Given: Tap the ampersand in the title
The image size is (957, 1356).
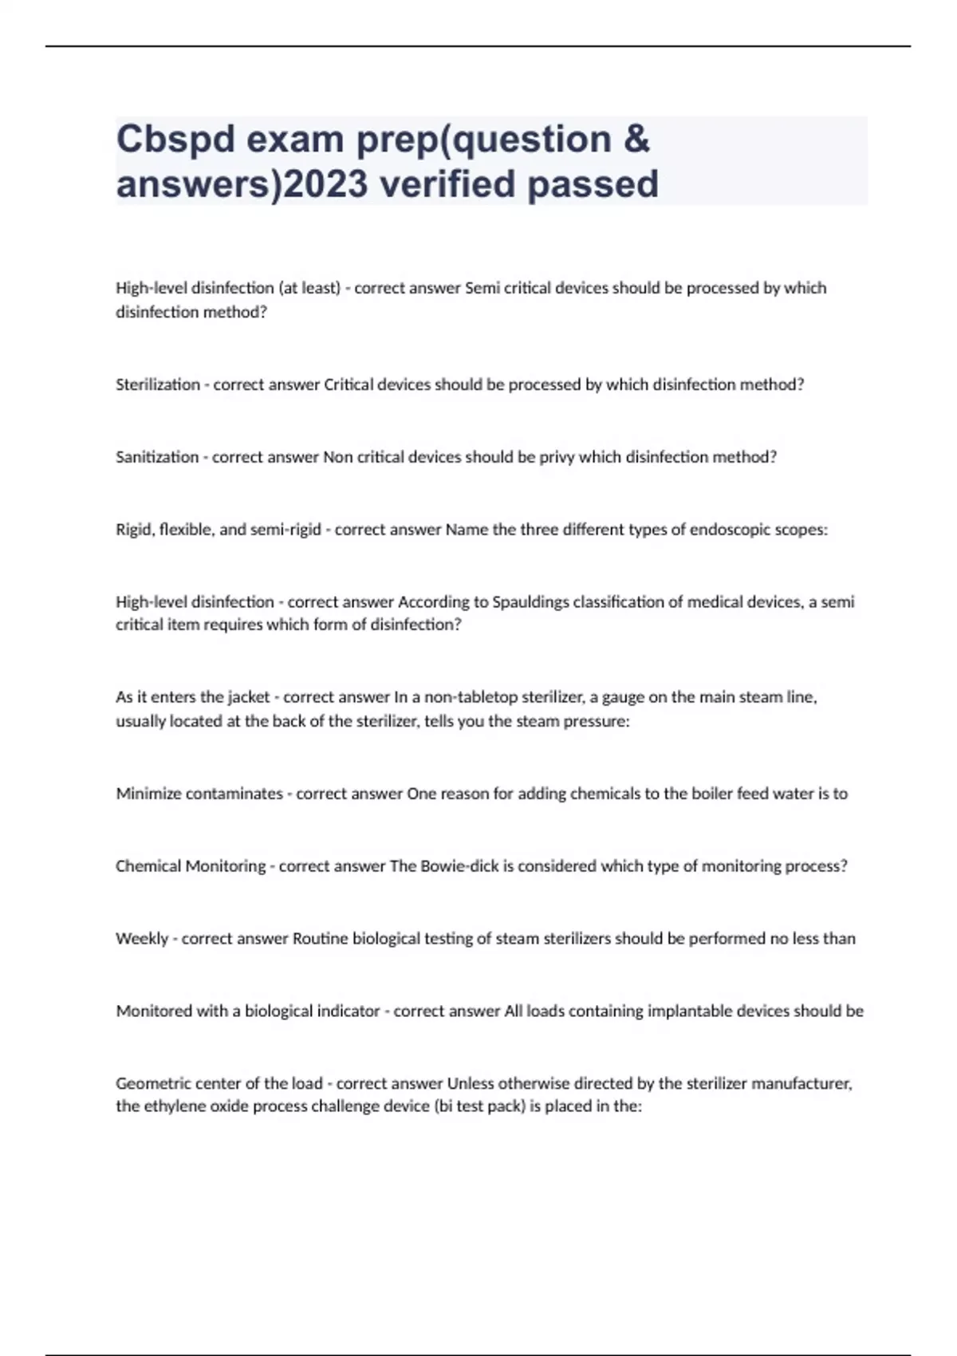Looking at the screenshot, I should point(636,140).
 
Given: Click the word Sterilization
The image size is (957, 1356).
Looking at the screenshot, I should point(158,384).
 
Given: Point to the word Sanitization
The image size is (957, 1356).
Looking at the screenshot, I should point(157,457).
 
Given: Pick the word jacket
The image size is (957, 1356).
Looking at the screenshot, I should point(248,697).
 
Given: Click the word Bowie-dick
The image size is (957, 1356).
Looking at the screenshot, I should point(459,866).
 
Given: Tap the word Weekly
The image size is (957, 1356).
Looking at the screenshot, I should point(142,939).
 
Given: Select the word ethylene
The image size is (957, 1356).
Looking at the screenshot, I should point(171,1106).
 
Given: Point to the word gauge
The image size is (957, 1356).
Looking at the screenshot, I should point(621,697).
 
